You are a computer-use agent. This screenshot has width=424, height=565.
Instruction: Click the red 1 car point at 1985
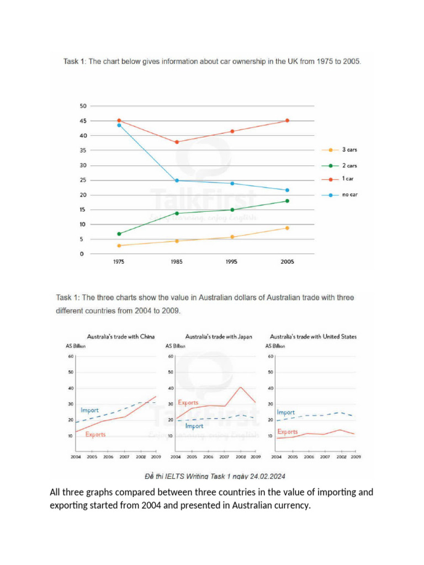click(177, 142)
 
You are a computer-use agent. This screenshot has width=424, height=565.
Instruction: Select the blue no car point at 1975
click(119, 125)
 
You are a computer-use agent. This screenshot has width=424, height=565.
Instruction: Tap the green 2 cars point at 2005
click(287, 201)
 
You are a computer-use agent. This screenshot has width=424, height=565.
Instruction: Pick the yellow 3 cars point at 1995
click(232, 237)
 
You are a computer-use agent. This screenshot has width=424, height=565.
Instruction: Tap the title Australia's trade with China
click(120, 336)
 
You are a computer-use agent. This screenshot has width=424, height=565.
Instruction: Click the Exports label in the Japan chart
click(188, 403)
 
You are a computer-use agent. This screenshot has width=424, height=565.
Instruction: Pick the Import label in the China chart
click(89, 411)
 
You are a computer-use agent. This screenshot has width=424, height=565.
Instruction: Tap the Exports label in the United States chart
click(287, 432)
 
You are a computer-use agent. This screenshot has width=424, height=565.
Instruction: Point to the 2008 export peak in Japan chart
click(241, 387)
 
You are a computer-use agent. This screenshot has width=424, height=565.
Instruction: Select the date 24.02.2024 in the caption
click(267, 476)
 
